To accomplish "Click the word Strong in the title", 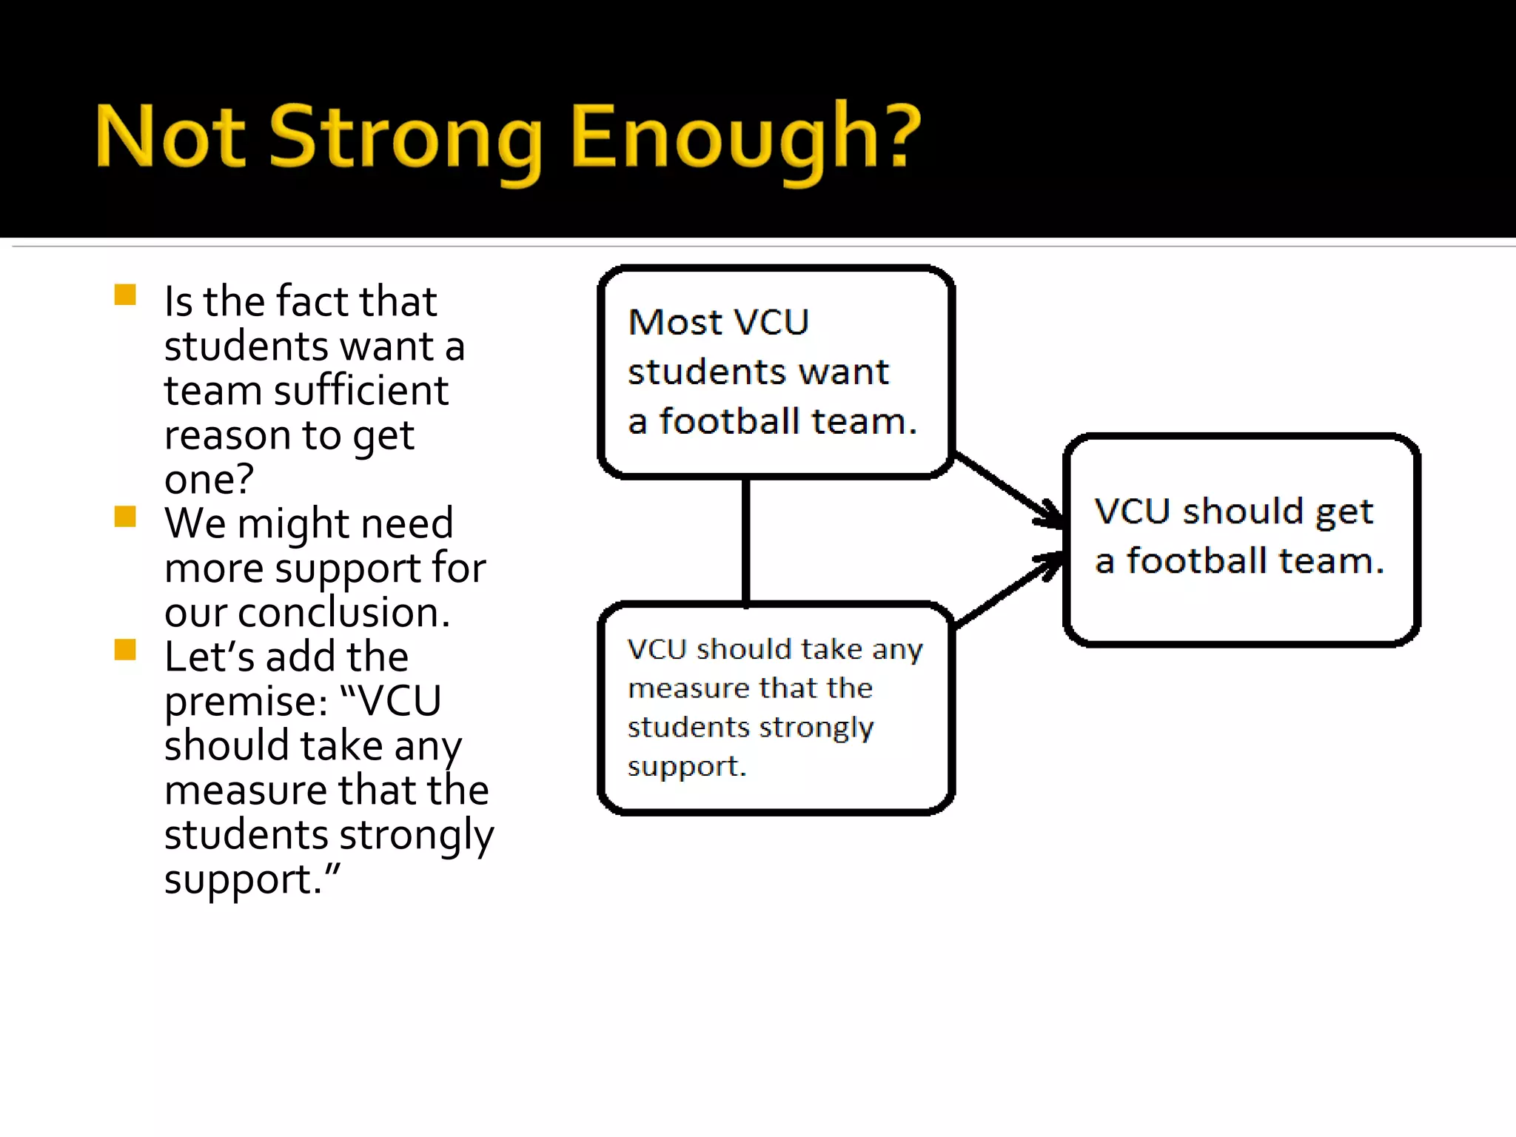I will click(405, 138).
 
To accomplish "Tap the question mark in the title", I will click(901, 136).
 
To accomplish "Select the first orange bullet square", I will click(125, 295).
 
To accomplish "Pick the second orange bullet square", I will click(125, 516).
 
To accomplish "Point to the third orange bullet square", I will click(125, 649).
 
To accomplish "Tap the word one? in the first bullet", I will click(209, 479).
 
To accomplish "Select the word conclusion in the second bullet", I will click(343, 613).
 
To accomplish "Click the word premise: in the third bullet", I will click(246, 701).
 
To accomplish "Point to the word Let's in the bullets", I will click(204, 657).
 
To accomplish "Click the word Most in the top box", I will click(674, 323).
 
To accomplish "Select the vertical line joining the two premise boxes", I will click(746, 540).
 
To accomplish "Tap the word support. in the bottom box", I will click(686, 766).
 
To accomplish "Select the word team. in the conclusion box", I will click(1330, 560).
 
